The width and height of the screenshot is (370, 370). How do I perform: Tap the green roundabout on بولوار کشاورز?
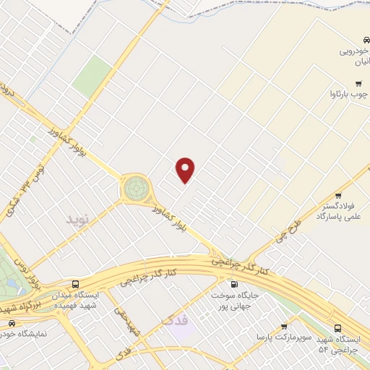[x=135, y=189]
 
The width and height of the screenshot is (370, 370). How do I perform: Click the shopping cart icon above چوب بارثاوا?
[x=356, y=83]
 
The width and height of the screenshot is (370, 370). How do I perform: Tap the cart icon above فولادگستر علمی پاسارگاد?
[x=337, y=196]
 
